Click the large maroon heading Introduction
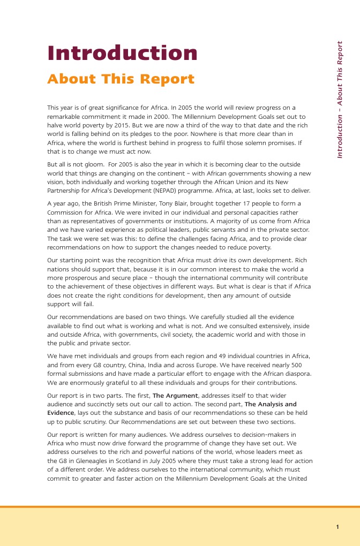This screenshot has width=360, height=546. (x=122, y=53)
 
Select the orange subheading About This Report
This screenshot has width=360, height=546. (x=121, y=79)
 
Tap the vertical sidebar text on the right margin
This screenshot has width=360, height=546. (x=340, y=100)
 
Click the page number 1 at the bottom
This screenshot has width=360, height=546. (x=337, y=527)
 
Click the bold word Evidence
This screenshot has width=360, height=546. (x=61, y=413)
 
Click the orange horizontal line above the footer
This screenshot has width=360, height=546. (x=180, y=506)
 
